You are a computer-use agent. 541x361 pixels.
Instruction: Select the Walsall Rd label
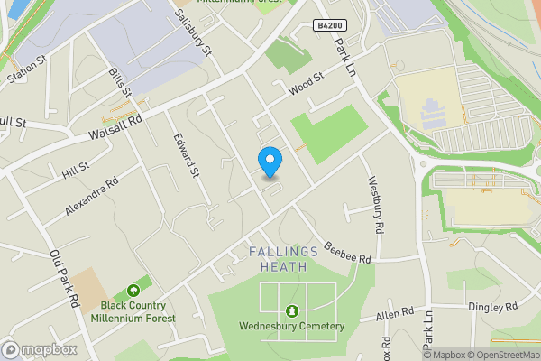pos(116,126)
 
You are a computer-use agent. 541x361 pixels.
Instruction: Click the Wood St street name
pos(306,86)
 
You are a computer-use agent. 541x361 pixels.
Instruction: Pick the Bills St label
pos(120,83)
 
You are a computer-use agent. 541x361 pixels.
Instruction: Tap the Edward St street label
pos(185,155)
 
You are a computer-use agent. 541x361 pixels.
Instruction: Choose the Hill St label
pos(76,169)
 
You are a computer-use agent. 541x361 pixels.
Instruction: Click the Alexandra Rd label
pos(92,196)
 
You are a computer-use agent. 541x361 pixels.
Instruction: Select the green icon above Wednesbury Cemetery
pos(291,311)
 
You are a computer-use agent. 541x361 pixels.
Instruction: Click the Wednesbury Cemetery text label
pos(291,326)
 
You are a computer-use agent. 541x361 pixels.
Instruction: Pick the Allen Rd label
pos(395,315)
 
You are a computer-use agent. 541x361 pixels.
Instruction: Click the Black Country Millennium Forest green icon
pos(133,291)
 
